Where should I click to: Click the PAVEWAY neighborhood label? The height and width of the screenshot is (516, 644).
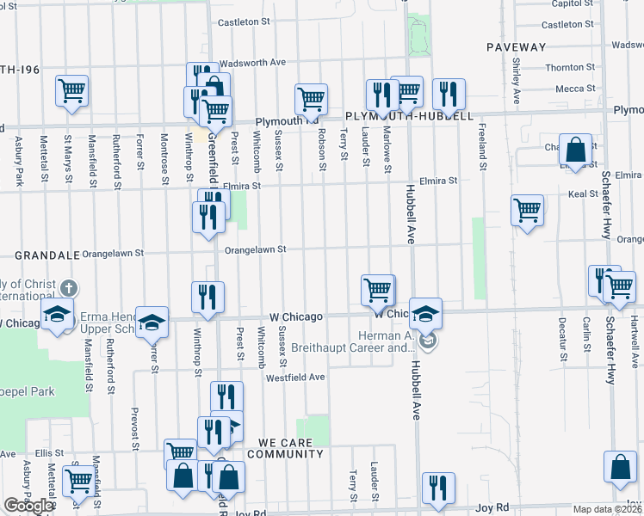point(516,46)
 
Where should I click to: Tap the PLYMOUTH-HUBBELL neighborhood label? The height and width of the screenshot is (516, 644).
point(408,115)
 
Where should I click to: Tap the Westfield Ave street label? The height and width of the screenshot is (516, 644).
point(295,377)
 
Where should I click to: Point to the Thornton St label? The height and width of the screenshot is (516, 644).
point(564,67)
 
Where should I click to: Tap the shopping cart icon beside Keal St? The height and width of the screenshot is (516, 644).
point(527,210)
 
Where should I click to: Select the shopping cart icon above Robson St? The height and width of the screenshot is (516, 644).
point(310,98)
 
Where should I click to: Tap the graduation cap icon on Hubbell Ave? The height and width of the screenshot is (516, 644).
point(424,313)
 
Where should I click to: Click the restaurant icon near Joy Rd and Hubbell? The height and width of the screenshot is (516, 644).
point(438,488)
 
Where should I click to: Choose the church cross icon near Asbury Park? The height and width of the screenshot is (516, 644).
point(70,290)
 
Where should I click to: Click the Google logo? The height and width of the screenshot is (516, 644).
point(28,506)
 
